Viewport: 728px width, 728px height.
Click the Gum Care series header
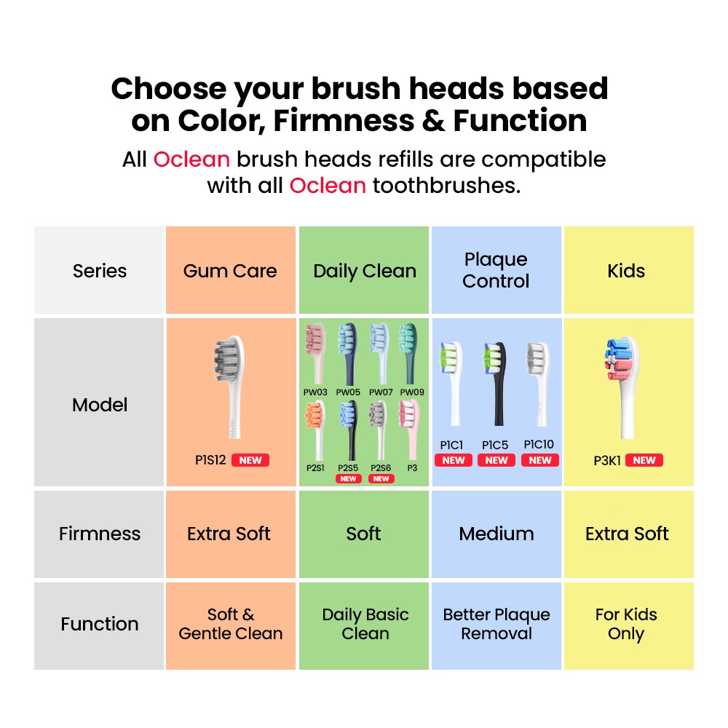click(230, 271)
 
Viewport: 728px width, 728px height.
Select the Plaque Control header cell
click(496, 270)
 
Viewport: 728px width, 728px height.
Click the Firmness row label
click(99, 534)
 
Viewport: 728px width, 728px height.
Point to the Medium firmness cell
click(496, 534)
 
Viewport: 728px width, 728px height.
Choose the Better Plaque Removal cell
click(496, 624)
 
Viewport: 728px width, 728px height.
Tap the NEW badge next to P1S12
click(250, 460)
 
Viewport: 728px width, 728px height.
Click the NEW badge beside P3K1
click(644, 460)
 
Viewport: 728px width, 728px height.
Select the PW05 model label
click(348, 392)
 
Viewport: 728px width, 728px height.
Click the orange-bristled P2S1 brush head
click(315, 430)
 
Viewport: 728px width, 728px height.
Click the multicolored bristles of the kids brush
click(618, 359)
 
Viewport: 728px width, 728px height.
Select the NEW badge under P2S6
click(381, 479)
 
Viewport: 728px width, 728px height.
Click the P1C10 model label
click(539, 444)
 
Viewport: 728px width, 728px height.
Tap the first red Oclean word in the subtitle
click(191, 159)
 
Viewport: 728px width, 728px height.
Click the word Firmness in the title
click(344, 121)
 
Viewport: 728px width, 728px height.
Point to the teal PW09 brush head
click(409, 354)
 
